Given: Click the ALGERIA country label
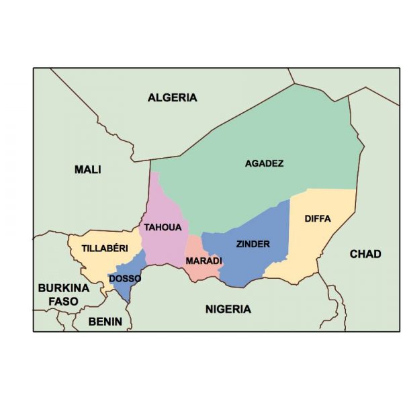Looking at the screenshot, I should click(x=173, y=97).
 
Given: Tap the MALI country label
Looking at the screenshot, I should click(x=88, y=169).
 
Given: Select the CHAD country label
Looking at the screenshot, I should click(x=365, y=254).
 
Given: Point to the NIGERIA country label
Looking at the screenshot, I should click(x=228, y=309).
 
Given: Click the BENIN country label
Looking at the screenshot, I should click(x=106, y=322).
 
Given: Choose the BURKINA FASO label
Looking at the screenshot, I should click(x=63, y=294).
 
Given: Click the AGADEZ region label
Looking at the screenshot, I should click(x=264, y=163).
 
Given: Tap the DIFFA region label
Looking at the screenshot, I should click(x=317, y=218).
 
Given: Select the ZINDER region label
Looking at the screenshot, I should click(x=253, y=244).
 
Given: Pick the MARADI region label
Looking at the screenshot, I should click(x=204, y=260).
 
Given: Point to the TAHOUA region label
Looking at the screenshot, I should click(x=163, y=228).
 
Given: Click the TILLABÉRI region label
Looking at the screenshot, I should click(x=105, y=248).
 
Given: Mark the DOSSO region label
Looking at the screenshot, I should click(x=124, y=278).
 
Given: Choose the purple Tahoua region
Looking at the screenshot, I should click(x=161, y=201).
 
